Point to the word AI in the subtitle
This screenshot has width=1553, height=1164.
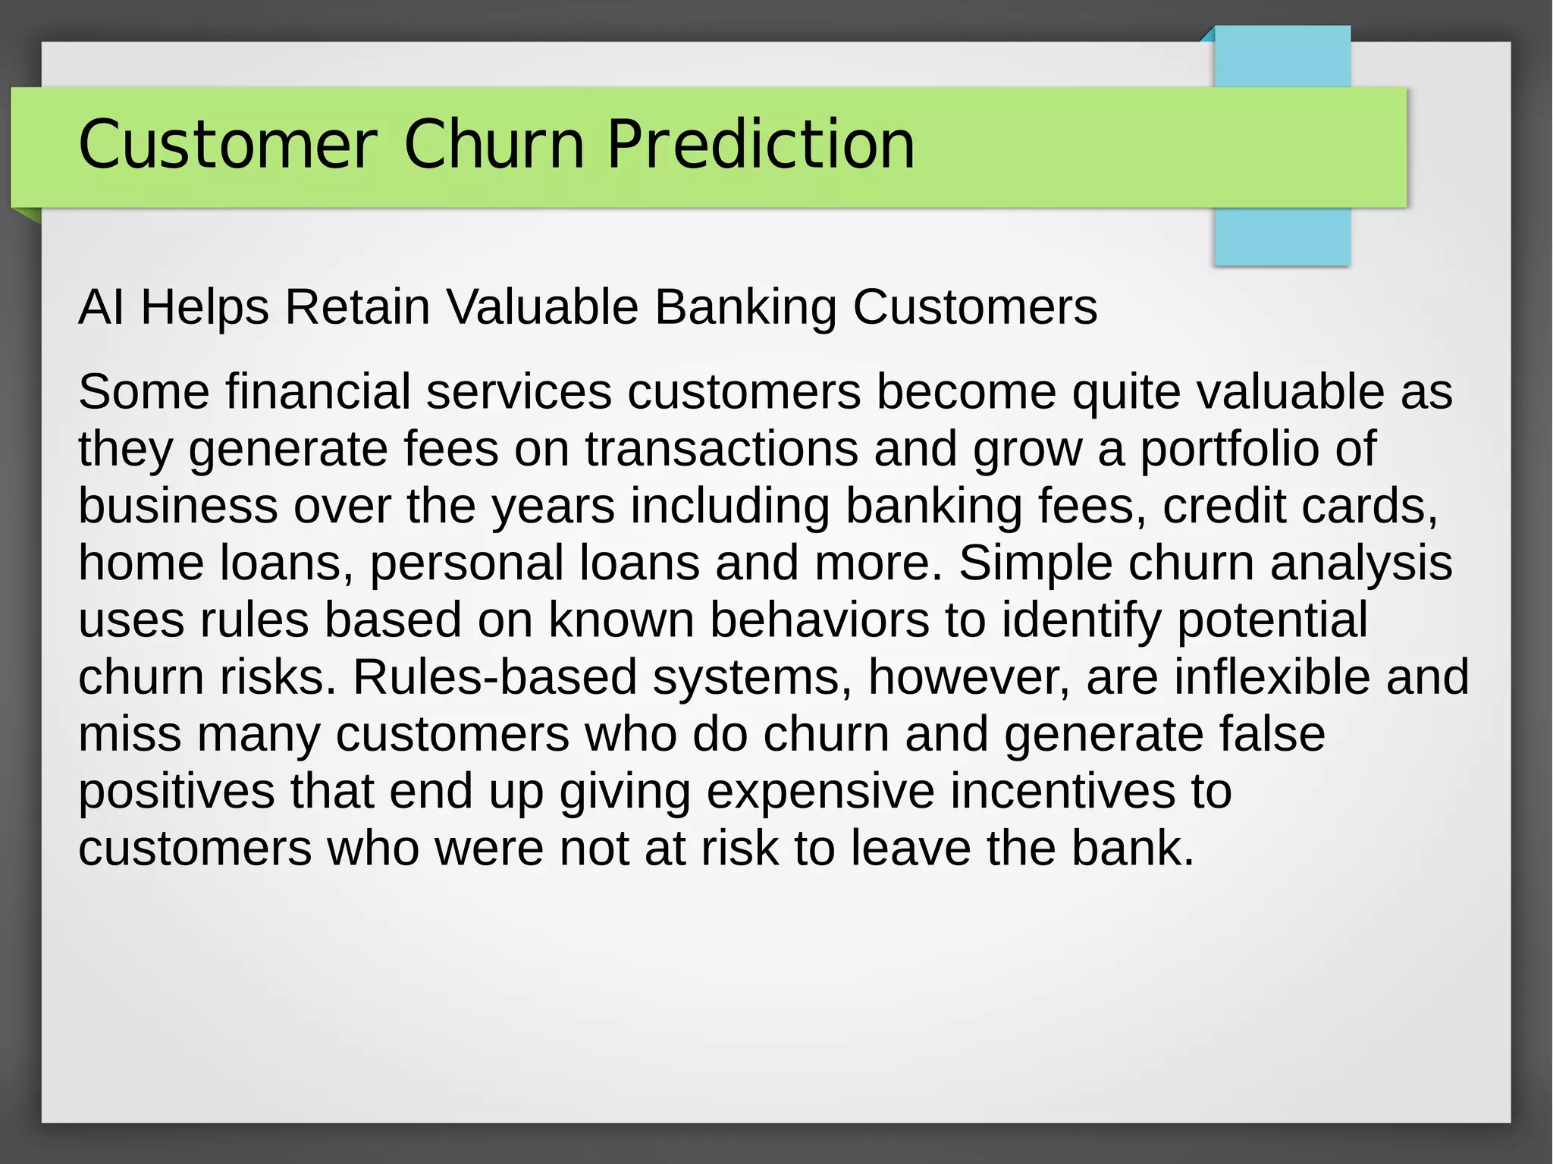[x=102, y=307]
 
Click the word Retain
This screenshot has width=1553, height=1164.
[x=357, y=307]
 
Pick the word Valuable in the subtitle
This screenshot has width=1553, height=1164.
[x=542, y=307]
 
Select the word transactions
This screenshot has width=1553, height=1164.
[x=721, y=449]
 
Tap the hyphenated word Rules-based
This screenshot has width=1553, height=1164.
[x=494, y=677]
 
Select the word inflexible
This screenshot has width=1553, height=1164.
[x=1272, y=677]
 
